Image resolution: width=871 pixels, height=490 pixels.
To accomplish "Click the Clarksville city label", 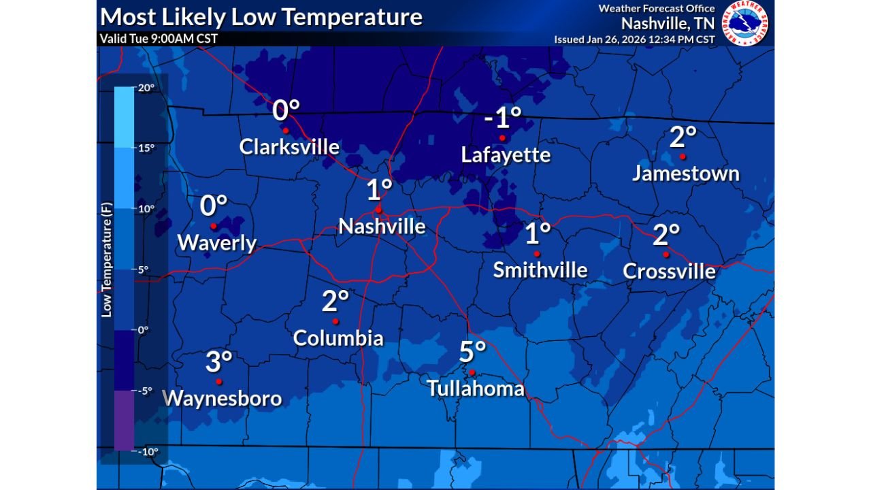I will [289, 146].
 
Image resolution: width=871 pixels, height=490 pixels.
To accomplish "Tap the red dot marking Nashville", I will [378, 210].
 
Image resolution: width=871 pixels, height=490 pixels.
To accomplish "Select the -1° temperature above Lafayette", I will [502, 118].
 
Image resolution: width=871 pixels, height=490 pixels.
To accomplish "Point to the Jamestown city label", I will [685, 173].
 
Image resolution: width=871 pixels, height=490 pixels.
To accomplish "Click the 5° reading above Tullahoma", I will [472, 352].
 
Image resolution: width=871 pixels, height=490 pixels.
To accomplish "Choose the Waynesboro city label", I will [223, 398].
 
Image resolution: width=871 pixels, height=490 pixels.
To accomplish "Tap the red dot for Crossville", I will [666, 255].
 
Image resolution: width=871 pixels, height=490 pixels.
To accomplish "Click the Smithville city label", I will [540, 269].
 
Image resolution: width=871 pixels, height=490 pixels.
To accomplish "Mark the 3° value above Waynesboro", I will [218, 361].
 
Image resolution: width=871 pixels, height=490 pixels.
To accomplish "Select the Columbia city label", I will [338, 338].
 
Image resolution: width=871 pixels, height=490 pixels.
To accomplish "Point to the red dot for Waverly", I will [213, 226].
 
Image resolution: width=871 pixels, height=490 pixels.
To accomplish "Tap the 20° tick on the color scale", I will [146, 88].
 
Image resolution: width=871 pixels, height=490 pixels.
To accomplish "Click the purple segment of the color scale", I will [124, 420].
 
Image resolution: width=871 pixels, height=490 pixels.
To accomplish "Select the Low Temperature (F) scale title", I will [106, 263].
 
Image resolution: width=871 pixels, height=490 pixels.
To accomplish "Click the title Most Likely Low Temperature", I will [261, 16].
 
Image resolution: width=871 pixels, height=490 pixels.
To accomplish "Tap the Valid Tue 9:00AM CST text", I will [159, 38].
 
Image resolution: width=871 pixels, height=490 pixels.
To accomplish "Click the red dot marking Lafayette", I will [502, 138].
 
